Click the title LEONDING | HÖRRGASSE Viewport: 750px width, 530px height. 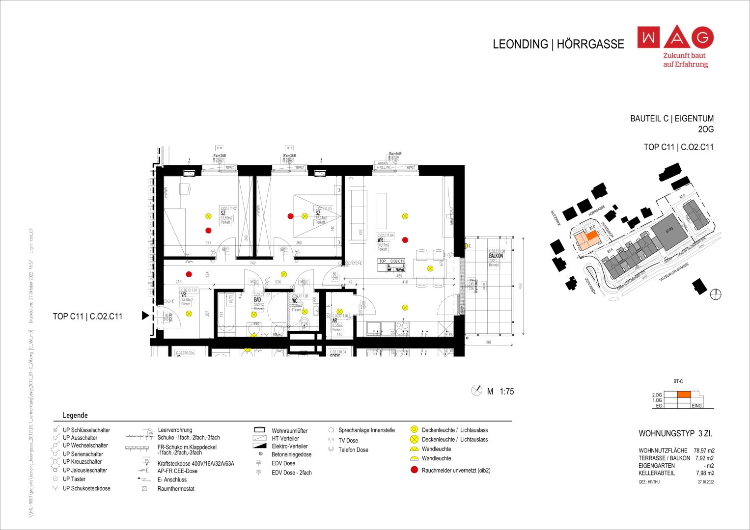click(558, 44)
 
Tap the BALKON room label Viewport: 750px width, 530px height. click(496, 256)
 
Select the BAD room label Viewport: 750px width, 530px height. click(257, 299)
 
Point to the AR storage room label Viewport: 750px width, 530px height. click(334, 320)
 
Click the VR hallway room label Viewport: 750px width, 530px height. click(183, 295)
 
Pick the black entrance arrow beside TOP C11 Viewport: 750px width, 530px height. click(145, 316)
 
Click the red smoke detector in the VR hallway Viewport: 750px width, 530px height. click(189, 274)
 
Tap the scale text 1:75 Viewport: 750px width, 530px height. click(506, 392)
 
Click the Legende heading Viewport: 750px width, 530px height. click(75, 415)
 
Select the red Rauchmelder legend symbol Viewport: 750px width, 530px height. click(414, 470)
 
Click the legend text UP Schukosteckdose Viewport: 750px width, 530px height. click(86, 488)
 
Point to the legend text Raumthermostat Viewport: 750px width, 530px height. click(176, 489)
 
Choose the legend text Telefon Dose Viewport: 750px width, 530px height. click(353, 450)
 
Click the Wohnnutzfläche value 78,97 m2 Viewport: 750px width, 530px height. click(704, 450)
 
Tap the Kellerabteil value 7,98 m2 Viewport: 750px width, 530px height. click(705, 473)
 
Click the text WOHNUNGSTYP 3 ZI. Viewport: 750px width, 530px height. click(675, 434)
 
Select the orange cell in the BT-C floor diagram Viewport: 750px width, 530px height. click(684, 395)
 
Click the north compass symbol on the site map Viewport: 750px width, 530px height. click(716, 294)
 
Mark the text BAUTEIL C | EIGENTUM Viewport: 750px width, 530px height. click(671, 119)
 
